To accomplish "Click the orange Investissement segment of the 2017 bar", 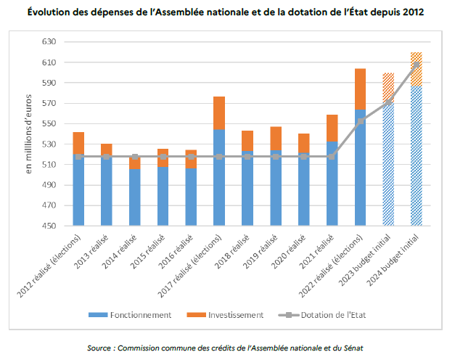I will [x=219, y=112].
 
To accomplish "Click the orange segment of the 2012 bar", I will [x=79, y=143].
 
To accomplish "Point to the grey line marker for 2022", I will [x=360, y=121].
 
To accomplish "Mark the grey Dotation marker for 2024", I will [x=416, y=65].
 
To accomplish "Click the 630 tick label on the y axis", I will [x=47, y=42].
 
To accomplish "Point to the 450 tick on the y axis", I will [x=47, y=226].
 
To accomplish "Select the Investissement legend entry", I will [x=233, y=315].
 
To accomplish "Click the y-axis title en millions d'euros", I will [x=30, y=134].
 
